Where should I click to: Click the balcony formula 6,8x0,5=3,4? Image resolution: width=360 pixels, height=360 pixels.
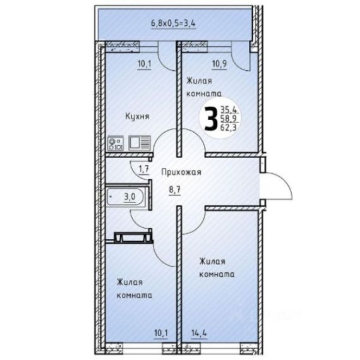click(x=173, y=23)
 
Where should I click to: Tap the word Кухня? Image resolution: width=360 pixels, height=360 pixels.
click(x=137, y=116)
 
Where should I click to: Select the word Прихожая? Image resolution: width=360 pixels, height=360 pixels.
click(x=181, y=172)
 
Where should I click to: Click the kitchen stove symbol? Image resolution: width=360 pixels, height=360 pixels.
click(x=116, y=143)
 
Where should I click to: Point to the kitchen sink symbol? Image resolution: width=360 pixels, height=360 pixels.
click(x=140, y=143)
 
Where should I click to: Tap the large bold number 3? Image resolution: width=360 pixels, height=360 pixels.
click(x=211, y=119)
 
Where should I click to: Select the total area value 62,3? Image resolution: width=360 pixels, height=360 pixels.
click(x=229, y=127)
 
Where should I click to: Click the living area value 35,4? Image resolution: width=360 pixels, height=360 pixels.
click(x=229, y=110)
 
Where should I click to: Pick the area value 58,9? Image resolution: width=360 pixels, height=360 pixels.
click(x=229, y=118)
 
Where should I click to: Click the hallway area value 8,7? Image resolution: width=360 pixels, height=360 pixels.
click(x=175, y=190)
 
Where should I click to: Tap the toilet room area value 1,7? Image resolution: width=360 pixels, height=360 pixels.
click(x=144, y=169)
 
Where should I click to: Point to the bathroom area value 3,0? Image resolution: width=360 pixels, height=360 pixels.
click(x=129, y=197)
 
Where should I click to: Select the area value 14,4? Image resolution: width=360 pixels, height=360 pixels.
click(x=199, y=333)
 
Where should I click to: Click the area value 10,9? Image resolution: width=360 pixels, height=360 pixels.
click(x=220, y=64)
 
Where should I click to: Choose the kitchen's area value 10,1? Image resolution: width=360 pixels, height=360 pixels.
click(x=145, y=64)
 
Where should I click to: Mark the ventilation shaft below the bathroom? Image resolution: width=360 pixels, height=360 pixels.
click(x=133, y=237)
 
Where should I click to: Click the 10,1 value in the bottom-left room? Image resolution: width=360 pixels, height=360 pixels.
click(x=161, y=333)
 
